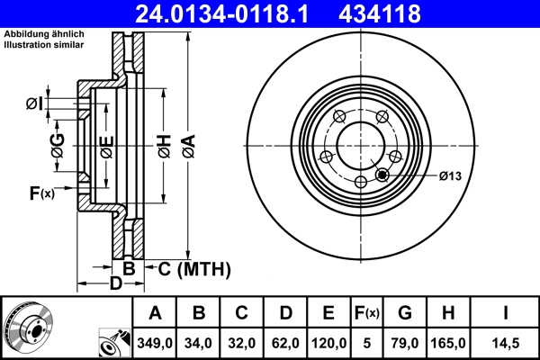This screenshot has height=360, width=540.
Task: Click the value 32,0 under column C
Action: point(243,343)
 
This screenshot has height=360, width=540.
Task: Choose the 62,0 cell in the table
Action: point(286,343)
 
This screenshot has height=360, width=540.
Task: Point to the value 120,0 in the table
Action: point(329,343)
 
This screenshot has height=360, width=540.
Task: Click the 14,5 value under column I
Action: point(507,343)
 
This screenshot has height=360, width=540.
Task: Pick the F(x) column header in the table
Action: point(366,313)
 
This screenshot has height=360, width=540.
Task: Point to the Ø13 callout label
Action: point(449,175)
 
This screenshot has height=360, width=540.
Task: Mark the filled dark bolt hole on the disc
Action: point(383,175)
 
